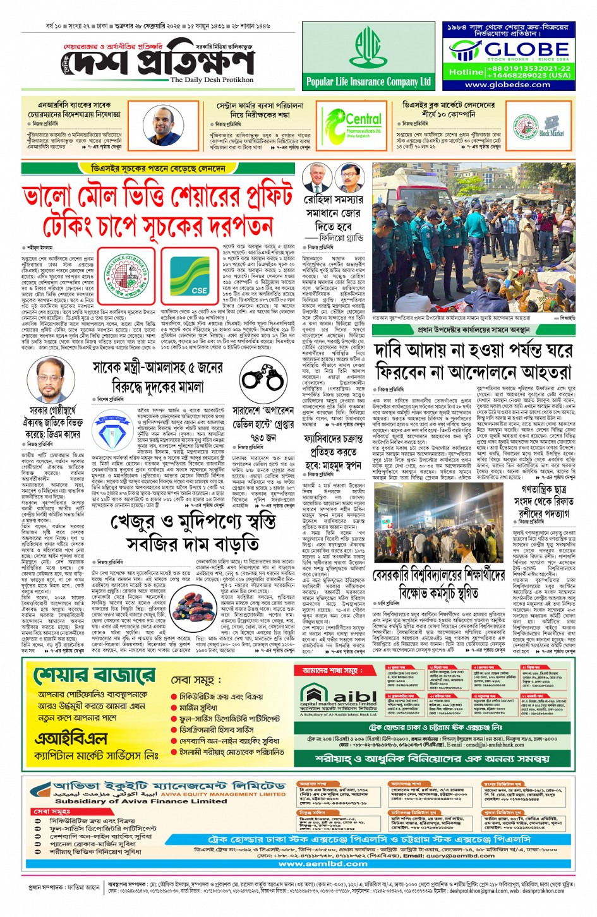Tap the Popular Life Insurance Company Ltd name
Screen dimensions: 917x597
coord(368,81)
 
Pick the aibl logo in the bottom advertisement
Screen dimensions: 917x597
coord(338,695)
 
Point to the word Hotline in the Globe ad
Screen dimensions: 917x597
coord(466,72)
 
